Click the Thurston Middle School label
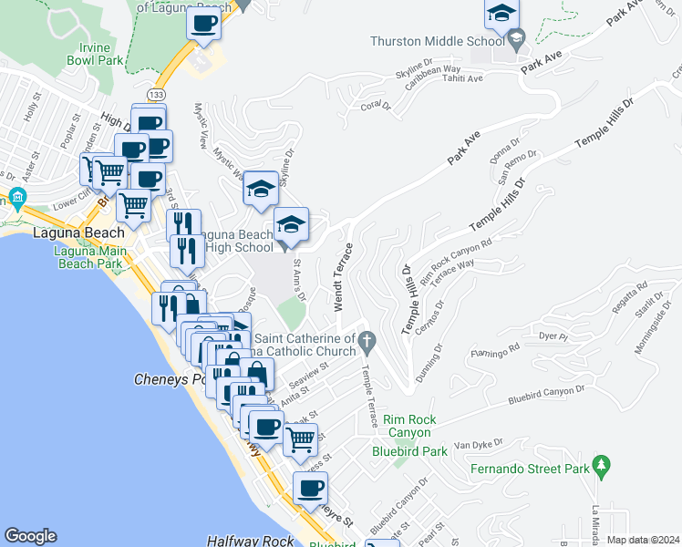[x=437, y=41]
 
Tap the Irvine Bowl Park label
[x=94, y=53]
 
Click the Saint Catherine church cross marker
[x=367, y=342]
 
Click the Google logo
[x=30, y=536]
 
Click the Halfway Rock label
[x=251, y=541]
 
